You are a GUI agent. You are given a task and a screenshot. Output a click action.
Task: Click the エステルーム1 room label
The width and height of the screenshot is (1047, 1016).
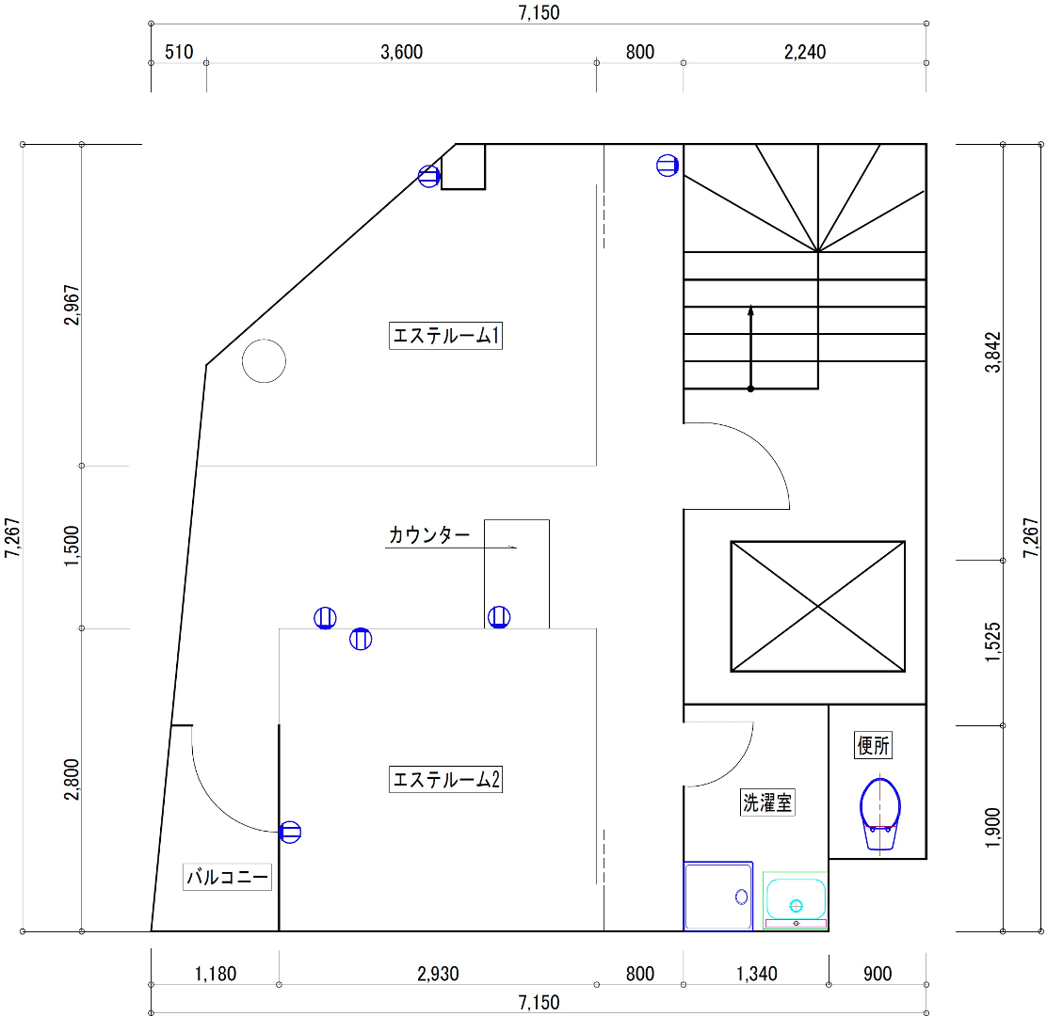pos(445,336)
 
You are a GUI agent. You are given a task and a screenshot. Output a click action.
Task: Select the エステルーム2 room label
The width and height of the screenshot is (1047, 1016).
pos(445,779)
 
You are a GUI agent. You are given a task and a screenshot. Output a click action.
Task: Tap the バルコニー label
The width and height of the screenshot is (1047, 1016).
pos(227,877)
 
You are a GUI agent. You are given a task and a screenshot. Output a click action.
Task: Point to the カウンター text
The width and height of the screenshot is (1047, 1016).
pos(429,535)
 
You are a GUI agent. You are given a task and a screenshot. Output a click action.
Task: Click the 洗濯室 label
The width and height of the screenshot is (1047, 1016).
pos(767,802)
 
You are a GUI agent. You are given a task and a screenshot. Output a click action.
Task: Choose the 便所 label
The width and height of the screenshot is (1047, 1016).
pos(873,745)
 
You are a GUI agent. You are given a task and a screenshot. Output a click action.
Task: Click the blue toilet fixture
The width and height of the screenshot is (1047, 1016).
pos(880,814)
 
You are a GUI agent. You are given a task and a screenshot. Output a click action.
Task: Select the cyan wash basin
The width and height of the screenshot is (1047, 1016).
pos(796,900)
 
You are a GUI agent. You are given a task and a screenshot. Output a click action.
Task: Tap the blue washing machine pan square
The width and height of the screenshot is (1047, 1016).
pos(717,896)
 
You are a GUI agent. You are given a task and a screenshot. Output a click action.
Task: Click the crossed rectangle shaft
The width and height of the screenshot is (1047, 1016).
pos(818,607)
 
